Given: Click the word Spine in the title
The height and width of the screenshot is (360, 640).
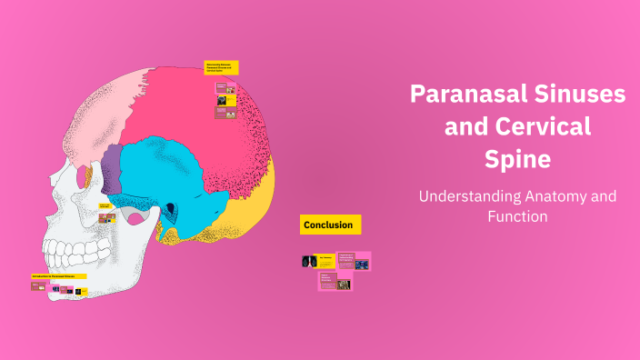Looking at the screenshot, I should click(516, 159).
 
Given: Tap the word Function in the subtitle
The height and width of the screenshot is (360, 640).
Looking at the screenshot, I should click(516, 217).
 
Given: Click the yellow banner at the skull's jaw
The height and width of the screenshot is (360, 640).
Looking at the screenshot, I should click(58, 275).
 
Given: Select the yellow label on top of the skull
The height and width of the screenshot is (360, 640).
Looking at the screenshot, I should click(221, 67).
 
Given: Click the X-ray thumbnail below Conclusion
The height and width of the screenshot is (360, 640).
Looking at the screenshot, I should click(306, 262).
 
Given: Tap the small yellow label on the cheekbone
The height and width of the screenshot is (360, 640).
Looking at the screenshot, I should click(105, 206).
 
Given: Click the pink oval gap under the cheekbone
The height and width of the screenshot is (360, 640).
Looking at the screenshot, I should click(135, 218).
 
